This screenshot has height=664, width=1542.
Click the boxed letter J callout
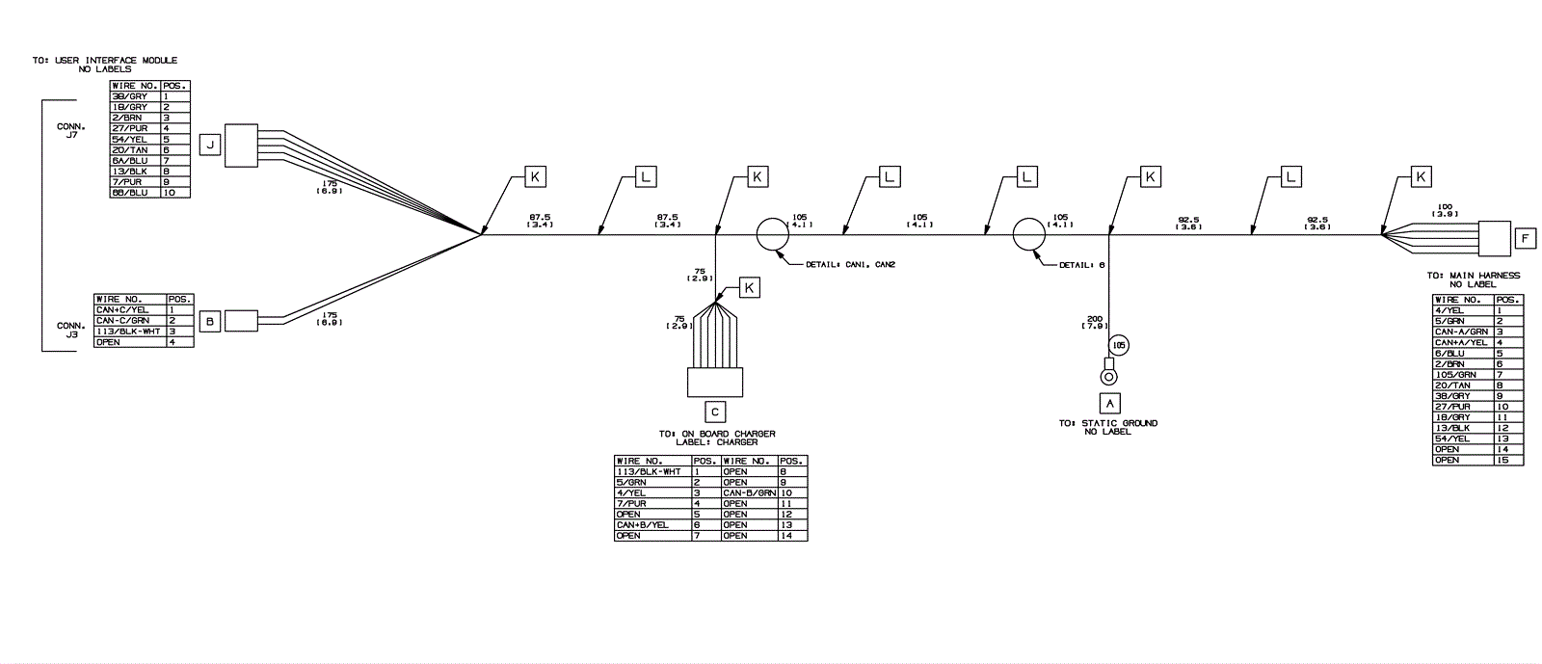[x=210, y=146]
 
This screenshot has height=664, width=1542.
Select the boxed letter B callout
[x=210, y=321]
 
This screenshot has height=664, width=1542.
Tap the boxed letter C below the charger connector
[x=715, y=412]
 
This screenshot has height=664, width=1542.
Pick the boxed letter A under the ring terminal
[x=1109, y=403]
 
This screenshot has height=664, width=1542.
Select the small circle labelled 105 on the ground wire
[x=1118, y=344]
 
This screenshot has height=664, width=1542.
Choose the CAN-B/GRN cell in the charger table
[x=749, y=492]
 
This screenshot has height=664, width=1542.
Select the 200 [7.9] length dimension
[x=1094, y=322]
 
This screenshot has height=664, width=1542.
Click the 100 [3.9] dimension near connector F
[x=1445, y=209]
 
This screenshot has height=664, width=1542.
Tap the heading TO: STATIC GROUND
[x=1108, y=423]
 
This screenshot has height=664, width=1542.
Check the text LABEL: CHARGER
[x=716, y=442]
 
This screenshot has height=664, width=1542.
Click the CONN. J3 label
[x=71, y=331]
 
